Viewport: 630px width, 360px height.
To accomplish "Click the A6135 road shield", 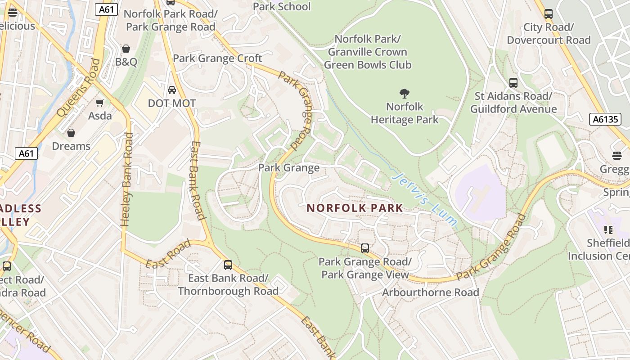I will click(x=605, y=119).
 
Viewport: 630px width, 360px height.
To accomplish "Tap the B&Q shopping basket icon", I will click(x=126, y=49).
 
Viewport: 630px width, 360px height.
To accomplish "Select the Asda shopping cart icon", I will click(x=100, y=103).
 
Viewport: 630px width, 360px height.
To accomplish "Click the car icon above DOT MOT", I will click(x=172, y=90).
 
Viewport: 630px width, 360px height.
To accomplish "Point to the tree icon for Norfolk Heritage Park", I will click(x=404, y=94).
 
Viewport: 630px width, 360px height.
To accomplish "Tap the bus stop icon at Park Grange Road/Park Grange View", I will click(x=365, y=248).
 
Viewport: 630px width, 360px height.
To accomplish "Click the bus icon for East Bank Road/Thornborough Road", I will click(x=228, y=265).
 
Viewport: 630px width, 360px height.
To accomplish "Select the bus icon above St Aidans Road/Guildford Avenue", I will click(x=513, y=83).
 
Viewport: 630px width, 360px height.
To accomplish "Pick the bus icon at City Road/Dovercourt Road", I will click(x=549, y=14).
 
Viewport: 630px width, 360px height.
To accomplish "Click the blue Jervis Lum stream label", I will click(x=424, y=198).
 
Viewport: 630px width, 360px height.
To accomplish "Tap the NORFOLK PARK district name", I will click(x=355, y=208).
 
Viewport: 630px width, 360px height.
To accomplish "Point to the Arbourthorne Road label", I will click(x=430, y=292).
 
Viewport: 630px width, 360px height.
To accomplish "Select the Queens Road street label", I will click(x=80, y=87).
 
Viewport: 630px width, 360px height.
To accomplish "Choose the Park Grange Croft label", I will click(x=217, y=58).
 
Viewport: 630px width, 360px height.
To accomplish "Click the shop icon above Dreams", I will click(x=71, y=133).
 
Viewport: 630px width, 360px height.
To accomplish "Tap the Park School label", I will click(x=282, y=6).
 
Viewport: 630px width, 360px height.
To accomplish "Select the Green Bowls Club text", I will click(x=367, y=65).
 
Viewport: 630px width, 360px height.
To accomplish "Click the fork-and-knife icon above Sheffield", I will click(x=608, y=230).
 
